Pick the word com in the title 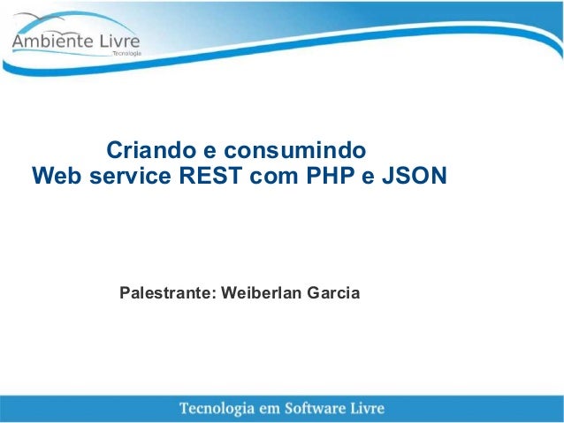(273, 177)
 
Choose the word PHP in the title (329, 177)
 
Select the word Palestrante (164, 291)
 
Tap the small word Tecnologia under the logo (126, 53)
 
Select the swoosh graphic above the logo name (53, 19)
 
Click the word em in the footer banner (281, 407)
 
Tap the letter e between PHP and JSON (366, 178)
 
